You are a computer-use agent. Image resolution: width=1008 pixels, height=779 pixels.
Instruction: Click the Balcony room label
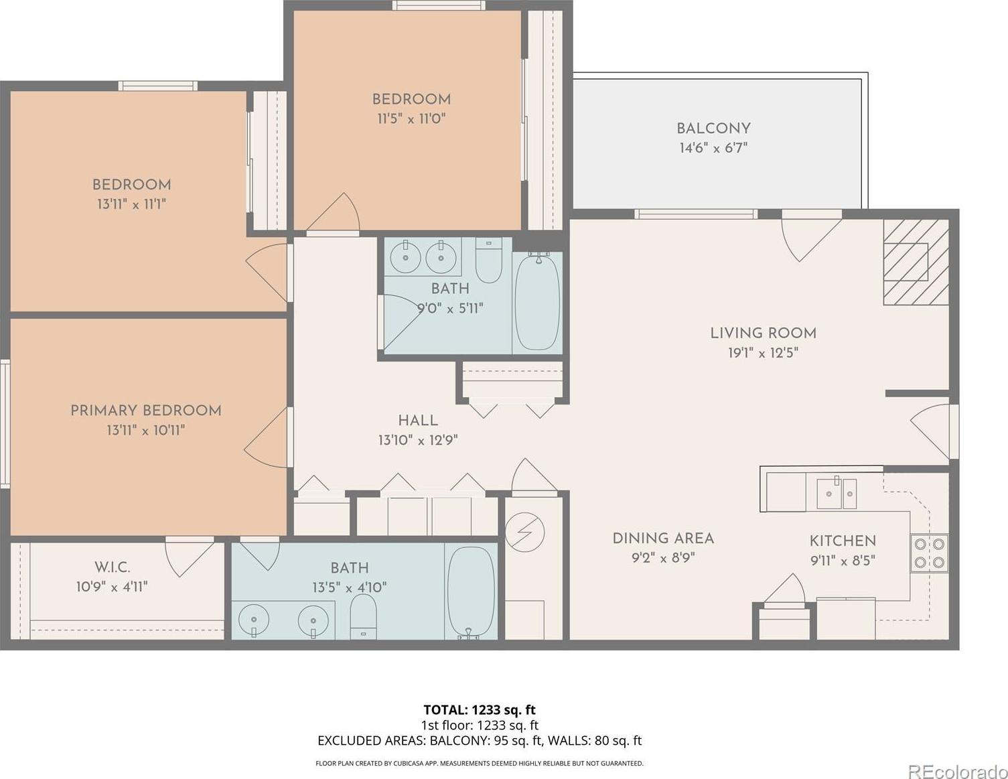(713, 129)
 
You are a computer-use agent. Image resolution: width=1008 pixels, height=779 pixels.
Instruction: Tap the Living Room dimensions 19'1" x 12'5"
(763, 354)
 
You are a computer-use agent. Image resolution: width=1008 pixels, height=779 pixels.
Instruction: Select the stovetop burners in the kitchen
(929, 553)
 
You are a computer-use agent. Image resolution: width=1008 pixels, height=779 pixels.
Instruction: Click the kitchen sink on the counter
(837, 494)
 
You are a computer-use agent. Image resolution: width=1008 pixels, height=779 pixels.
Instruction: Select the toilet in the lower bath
(363, 616)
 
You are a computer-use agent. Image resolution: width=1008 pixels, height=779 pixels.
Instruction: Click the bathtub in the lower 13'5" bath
(471, 592)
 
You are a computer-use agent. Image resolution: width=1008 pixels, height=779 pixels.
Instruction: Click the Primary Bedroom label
(145, 411)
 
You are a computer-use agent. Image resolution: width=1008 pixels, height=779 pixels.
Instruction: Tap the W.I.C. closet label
(113, 567)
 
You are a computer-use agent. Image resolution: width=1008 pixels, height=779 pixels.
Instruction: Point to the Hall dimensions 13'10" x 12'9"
(418, 440)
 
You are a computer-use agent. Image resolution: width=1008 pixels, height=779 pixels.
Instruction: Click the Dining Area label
(663, 539)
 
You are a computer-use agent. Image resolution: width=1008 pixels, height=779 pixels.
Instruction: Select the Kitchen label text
(843, 541)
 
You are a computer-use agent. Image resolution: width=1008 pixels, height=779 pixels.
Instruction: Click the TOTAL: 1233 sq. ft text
(479, 710)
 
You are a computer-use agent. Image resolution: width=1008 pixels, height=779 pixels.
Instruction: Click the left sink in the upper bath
(405, 257)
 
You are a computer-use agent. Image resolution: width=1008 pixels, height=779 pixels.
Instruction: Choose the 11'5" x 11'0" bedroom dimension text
(411, 119)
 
